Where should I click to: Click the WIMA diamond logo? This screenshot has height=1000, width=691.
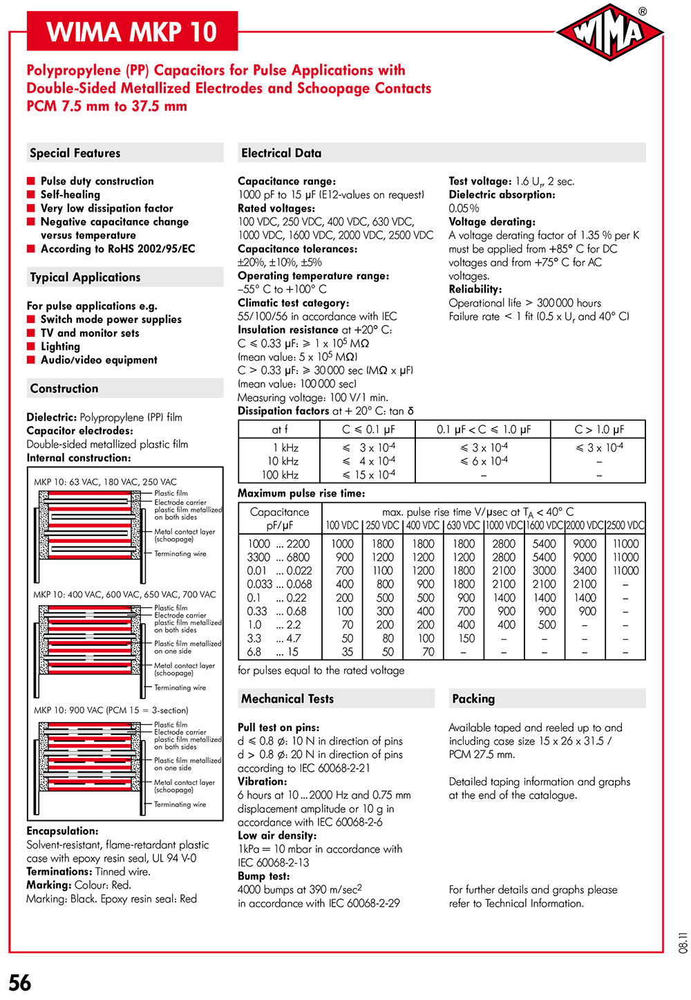(x=609, y=32)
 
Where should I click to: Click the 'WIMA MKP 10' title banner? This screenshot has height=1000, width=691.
(x=132, y=31)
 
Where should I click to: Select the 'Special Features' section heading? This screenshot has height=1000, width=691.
(x=75, y=153)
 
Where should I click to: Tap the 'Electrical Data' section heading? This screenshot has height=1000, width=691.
(x=281, y=153)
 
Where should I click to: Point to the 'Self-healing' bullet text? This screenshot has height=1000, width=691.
(x=70, y=194)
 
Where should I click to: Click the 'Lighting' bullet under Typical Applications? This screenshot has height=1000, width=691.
(x=60, y=346)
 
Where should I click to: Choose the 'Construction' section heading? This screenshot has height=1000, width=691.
(x=64, y=388)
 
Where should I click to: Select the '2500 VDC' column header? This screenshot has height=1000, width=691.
(x=625, y=526)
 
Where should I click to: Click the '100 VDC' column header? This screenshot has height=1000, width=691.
(x=342, y=526)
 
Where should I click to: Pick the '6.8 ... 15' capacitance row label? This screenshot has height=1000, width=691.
(x=273, y=651)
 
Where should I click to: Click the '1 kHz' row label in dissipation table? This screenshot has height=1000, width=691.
(x=285, y=447)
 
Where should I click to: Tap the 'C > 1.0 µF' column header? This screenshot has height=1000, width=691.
(x=598, y=429)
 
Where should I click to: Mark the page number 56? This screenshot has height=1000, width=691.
(x=20, y=982)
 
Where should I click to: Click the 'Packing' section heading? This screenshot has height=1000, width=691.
(x=473, y=698)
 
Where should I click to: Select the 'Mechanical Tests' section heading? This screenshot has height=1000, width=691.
(x=287, y=698)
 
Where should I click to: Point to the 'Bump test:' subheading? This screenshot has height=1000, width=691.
(x=265, y=876)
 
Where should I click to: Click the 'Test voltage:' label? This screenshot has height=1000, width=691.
(x=480, y=181)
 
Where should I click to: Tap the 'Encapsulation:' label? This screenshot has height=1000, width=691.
(x=62, y=831)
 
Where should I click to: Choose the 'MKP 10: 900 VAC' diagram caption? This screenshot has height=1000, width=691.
(x=111, y=710)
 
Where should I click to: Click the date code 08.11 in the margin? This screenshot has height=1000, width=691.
(x=683, y=942)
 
